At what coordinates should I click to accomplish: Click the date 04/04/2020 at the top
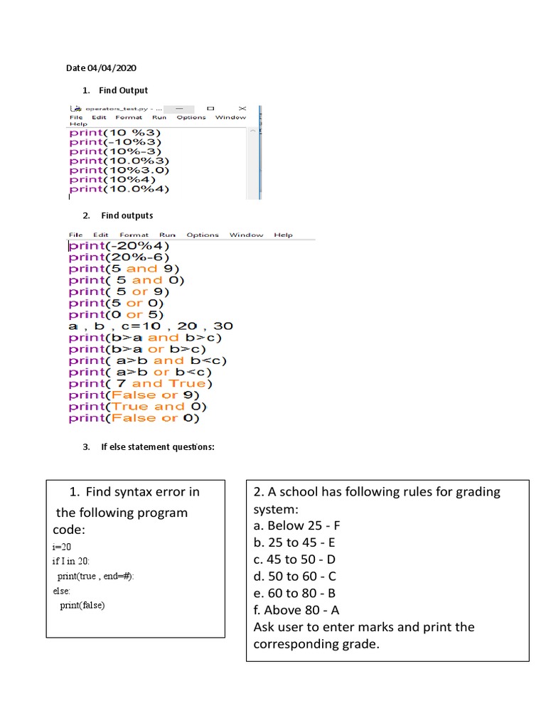pos(111,68)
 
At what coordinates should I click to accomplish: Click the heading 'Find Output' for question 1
pos(124,90)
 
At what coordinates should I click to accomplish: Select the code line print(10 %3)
pos(115,132)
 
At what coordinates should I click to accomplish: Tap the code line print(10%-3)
pos(115,151)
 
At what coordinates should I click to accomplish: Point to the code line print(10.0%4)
pos(119,189)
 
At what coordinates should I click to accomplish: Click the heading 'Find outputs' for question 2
pos(127,215)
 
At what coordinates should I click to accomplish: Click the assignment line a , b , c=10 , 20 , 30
pos(150,326)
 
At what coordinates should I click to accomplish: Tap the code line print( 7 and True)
pos(141,384)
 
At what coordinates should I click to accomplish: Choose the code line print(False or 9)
pos(134,395)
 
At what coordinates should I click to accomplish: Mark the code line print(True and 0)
pos(137,407)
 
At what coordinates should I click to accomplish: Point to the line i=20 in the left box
pos(63,547)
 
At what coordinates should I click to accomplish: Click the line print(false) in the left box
pos(82,605)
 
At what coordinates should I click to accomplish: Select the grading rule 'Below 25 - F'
pos(297,526)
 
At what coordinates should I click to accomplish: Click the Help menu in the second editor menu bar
pos(283,235)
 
